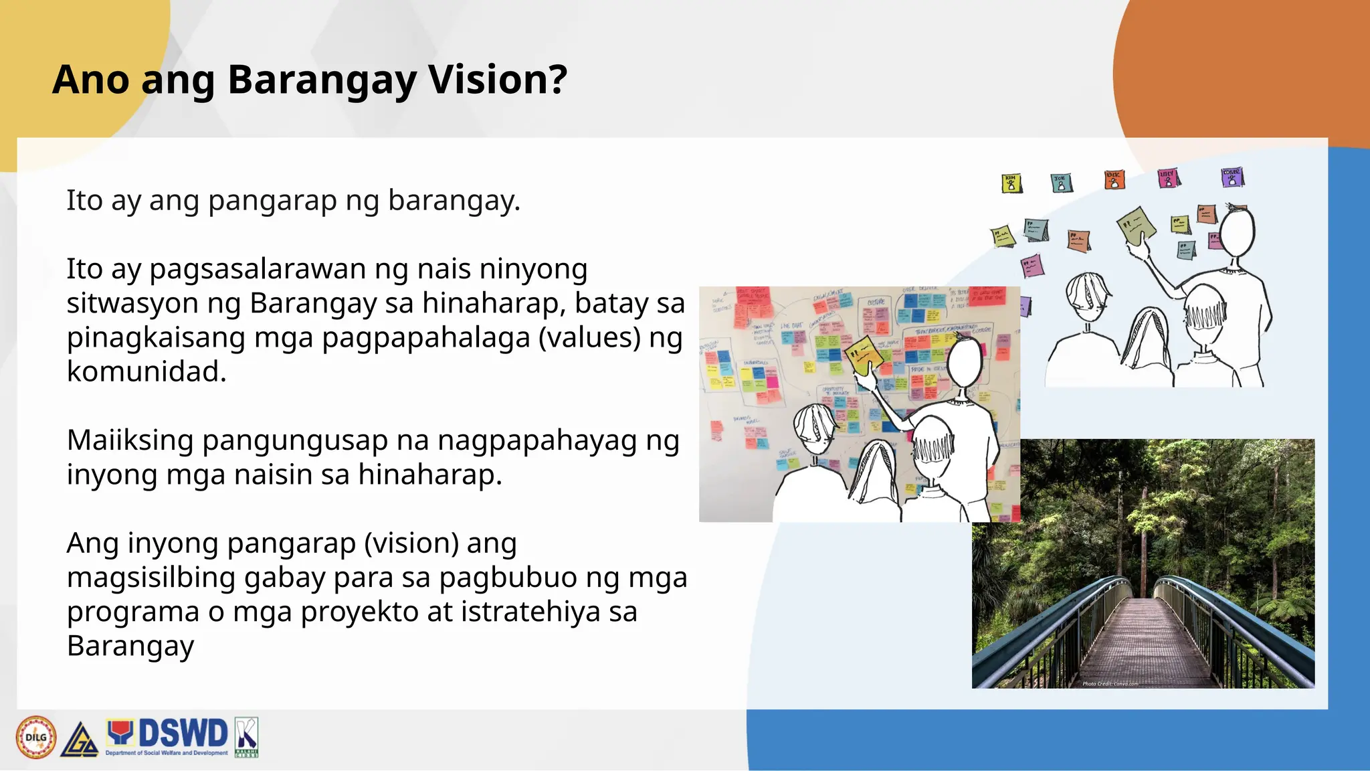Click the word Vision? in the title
pyautogui.click(x=498, y=80)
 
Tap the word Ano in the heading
pyautogui.click(x=90, y=80)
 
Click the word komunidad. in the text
pyautogui.click(x=146, y=371)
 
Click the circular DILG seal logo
pyautogui.click(x=36, y=737)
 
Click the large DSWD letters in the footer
pyautogui.click(x=183, y=734)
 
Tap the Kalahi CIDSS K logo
pyautogui.click(x=246, y=736)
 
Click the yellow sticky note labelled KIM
pyautogui.click(x=1011, y=183)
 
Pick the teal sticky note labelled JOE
pyautogui.click(x=1062, y=182)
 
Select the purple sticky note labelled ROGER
pyautogui.click(x=1232, y=177)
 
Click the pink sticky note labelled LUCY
pyautogui.click(x=1168, y=178)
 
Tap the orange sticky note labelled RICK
pyautogui.click(x=1114, y=179)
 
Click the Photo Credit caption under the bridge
pyautogui.click(x=1110, y=683)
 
